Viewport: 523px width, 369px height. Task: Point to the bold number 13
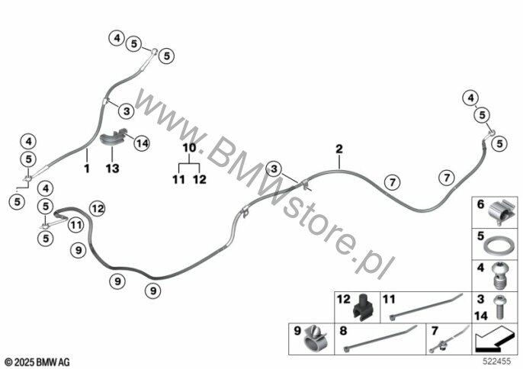(113, 168)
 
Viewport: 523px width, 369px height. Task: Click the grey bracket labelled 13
(113, 139)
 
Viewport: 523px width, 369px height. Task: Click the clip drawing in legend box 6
(501, 210)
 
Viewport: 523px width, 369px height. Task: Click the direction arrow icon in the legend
(495, 336)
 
